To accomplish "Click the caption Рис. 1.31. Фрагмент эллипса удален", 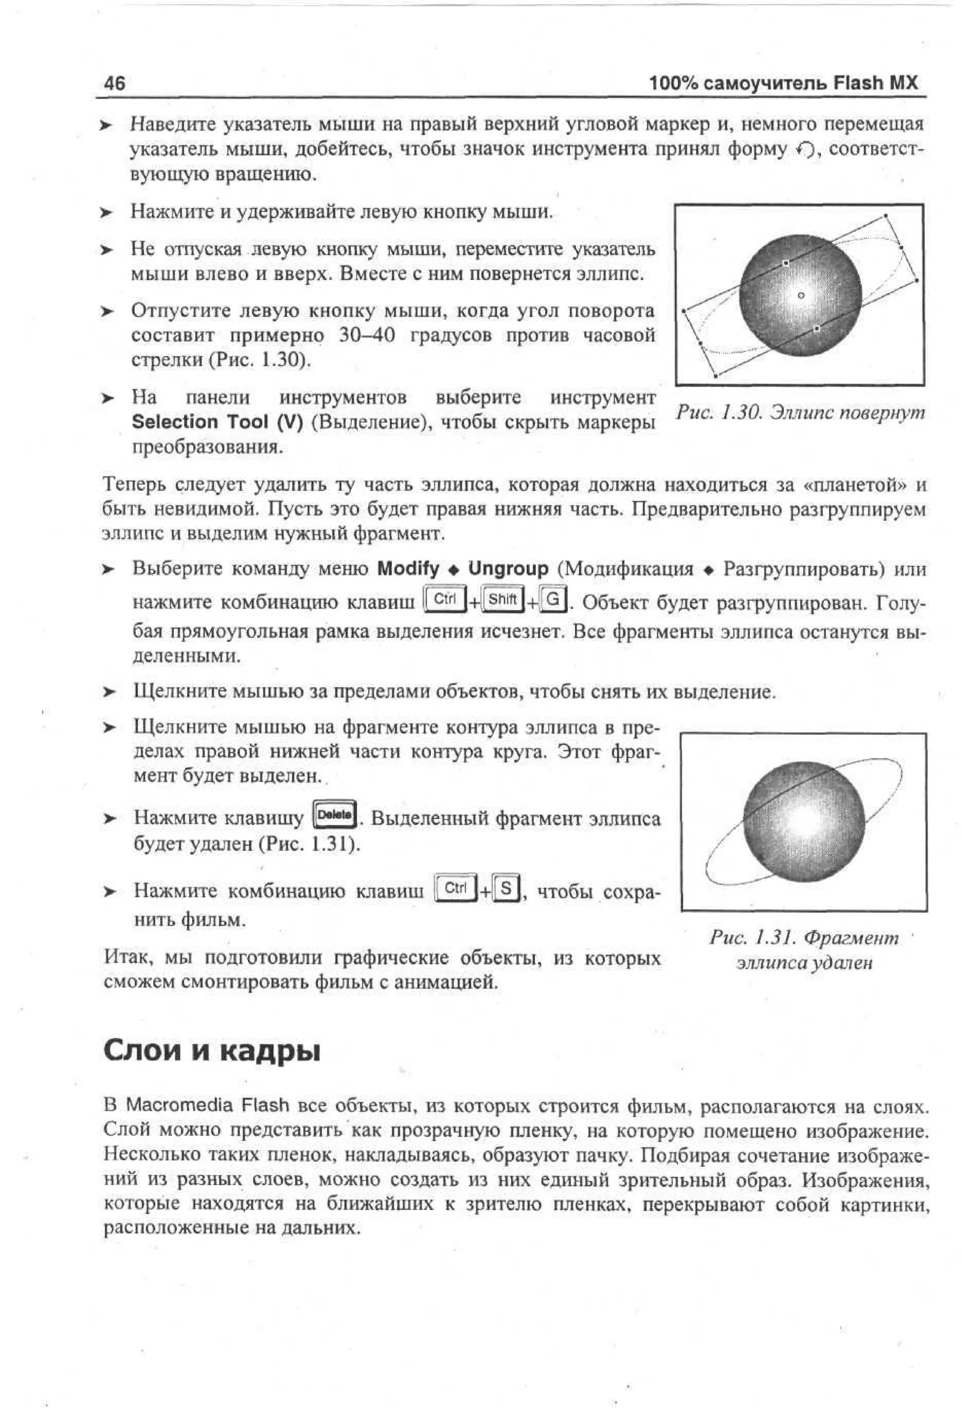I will pyautogui.click(x=804, y=950).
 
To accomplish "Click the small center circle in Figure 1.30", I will pyautogui.click(x=800, y=295).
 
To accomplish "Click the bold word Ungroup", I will pyautogui.click(x=508, y=569).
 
